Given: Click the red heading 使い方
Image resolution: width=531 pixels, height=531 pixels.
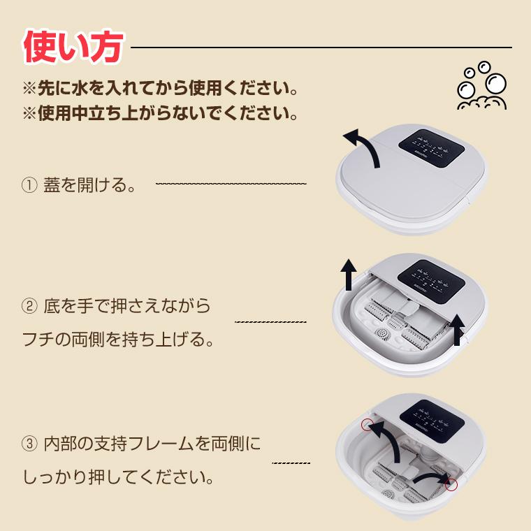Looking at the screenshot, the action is (x=73, y=48).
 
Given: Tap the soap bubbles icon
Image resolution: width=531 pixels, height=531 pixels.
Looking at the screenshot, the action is (x=481, y=87).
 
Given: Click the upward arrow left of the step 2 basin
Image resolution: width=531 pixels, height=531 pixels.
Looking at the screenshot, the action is (x=347, y=275).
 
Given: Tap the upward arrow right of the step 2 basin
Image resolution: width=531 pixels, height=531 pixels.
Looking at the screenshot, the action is (x=457, y=330).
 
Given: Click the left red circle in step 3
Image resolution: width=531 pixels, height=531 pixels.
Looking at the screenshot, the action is (x=366, y=424).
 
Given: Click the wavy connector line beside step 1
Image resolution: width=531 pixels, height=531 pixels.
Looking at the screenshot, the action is (x=231, y=184).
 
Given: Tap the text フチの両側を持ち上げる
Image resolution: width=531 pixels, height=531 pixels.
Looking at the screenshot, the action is (x=117, y=341).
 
